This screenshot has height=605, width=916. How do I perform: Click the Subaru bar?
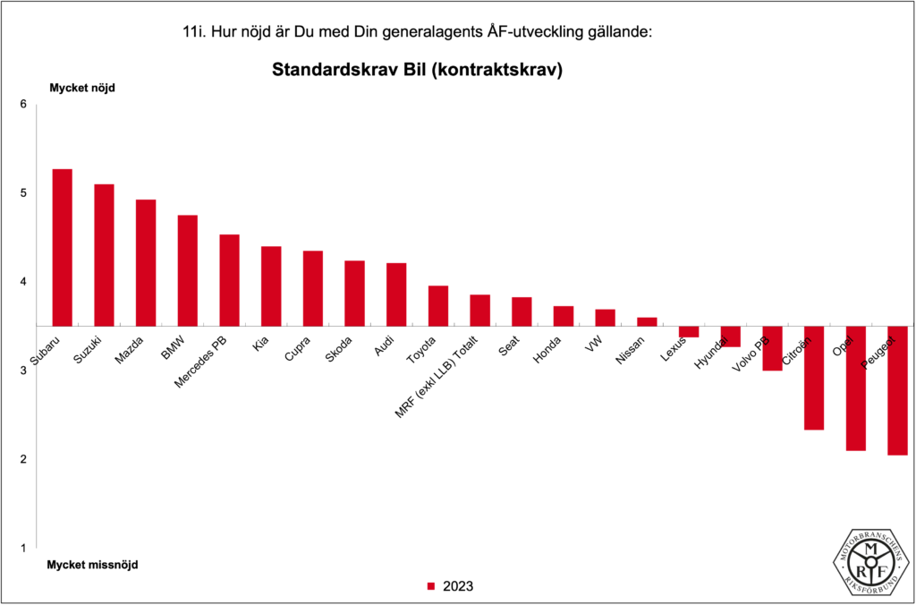[x=62, y=247]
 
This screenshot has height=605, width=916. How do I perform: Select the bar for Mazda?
[x=146, y=262]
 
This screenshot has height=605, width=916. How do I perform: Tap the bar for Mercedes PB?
[x=229, y=280]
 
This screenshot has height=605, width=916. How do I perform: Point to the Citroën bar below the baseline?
[x=814, y=378]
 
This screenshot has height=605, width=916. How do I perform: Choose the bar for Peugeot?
[x=897, y=390]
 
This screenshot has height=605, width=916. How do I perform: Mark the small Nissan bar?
[x=647, y=321]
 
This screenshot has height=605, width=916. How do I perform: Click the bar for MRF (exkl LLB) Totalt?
[x=479, y=310]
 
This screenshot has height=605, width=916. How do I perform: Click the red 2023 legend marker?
[x=430, y=587]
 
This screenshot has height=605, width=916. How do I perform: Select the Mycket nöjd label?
[x=83, y=88]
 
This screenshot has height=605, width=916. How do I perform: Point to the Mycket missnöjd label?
[x=93, y=565]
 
